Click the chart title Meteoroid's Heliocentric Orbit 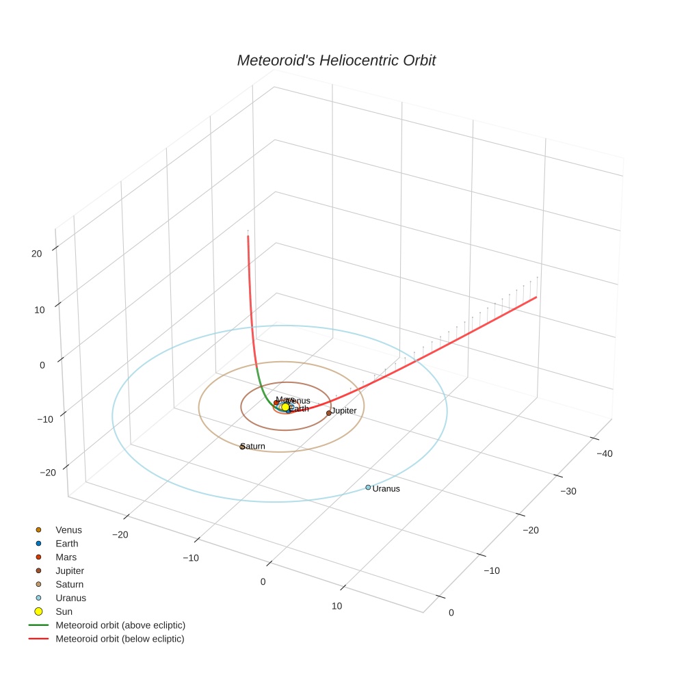336,61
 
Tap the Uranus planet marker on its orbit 368,488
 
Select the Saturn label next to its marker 254,447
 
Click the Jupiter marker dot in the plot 329,413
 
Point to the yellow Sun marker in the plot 285,407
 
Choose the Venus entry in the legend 68,530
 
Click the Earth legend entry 67,544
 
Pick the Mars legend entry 66,557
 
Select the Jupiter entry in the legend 70,571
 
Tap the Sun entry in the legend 64,611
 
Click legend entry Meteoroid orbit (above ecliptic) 120,625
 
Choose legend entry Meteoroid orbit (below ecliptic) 120,639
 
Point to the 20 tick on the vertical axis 36,254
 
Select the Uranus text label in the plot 386,489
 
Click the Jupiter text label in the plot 344,411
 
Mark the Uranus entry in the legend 70,598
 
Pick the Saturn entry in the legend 69,585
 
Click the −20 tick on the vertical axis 48,473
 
